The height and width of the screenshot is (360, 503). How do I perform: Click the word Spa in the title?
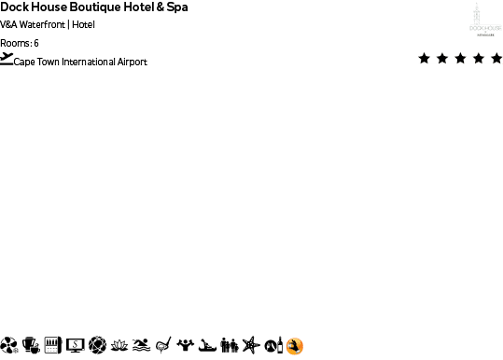coord(176,7)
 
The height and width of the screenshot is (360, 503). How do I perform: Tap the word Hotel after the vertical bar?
coord(83,25)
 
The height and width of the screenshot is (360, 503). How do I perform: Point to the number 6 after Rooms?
coord(35,43)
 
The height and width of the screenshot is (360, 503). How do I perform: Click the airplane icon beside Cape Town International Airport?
coord(7,59)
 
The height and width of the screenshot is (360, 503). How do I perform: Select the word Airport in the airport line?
coord(132,62)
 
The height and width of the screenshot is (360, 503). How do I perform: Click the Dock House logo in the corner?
coord(484,19)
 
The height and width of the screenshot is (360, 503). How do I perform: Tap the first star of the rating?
coord(425,58)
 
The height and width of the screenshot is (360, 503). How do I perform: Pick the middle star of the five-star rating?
coord(460,58)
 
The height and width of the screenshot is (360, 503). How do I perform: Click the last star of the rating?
coord(496,58)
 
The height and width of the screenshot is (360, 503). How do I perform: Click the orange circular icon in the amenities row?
coord(295,346)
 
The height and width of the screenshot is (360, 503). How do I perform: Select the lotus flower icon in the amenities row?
coord(118,346)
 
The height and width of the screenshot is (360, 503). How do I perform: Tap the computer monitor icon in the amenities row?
coord(74,346)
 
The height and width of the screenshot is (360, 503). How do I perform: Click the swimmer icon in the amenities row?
coord(140,346)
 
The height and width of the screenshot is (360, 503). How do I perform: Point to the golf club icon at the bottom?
coord(163,346)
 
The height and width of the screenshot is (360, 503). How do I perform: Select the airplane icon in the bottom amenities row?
coord(249,346)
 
